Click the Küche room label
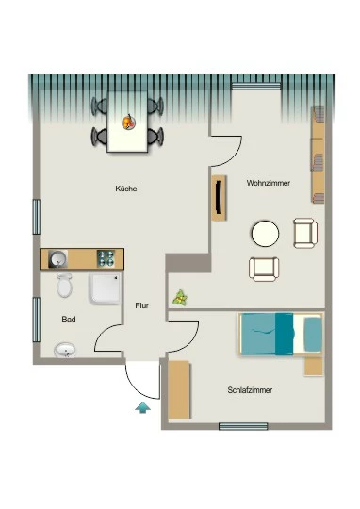tap(126, 189)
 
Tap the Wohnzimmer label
tap(269, 183)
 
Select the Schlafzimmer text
tap(250, 390)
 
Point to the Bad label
tap(69, 320)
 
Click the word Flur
tap(142, 305)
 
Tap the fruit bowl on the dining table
tap(128, 123)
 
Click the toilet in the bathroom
tap(65, 285)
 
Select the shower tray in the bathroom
tap(105, 288)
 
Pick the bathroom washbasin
tap(65, 350)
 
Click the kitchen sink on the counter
tap(58, 259)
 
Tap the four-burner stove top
tap(106, 258)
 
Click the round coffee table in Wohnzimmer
tap(265, 234)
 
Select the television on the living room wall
tap(220, 198)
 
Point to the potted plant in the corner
tap(180, 298)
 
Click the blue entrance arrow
tap(143, 407)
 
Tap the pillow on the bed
tap(314, 334)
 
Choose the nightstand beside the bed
tap(313, 367)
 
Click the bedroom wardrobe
tap(179, 389)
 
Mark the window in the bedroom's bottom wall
tap(243, 426)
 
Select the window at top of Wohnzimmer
tap(256, 87)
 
